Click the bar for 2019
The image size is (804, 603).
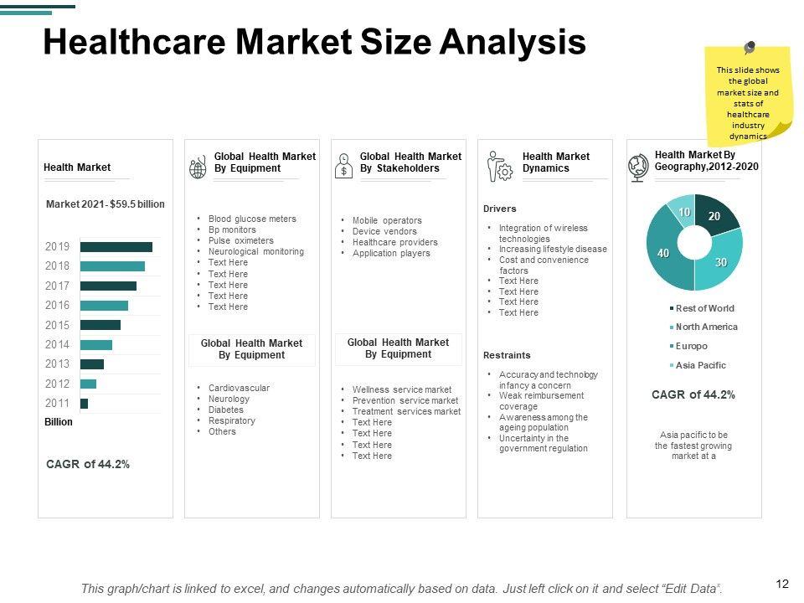click(116, 247)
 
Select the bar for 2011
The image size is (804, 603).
click(84, 404)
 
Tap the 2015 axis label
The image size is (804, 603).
click(58, 325)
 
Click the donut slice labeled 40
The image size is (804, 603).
click(663, 252)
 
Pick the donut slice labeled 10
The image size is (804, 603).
click(683, 212)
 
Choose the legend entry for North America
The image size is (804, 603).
click(706, 327)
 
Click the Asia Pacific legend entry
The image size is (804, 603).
click(700, 365)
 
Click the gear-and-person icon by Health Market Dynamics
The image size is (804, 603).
click(500, 167)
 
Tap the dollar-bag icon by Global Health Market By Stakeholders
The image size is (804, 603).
click(343, 166)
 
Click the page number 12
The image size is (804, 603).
click(783, 584)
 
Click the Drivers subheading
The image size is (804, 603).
click(500, 209)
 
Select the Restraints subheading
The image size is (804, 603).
click(507, 355)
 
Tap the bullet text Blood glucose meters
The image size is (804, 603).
click(252, 219)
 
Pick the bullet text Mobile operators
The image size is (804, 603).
click(387, 221)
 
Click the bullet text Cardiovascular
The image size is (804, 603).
click(239, 389)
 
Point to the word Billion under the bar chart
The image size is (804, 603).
click(59, 422)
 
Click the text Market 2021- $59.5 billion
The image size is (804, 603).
click(106, 204)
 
